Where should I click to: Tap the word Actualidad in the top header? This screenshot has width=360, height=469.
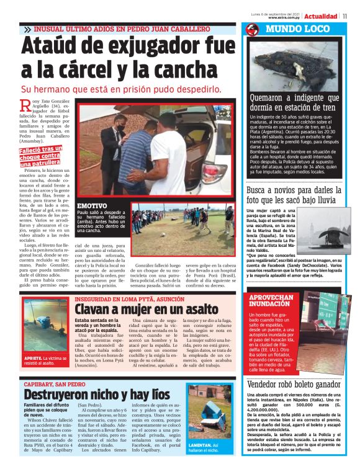pyautogui.click(x=320, y=16)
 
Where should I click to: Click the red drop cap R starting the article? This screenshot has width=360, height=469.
pyautogui.click(x=25, y=108)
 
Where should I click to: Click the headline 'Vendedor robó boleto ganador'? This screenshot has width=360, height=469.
pyautogui.click(x=302, y=385)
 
